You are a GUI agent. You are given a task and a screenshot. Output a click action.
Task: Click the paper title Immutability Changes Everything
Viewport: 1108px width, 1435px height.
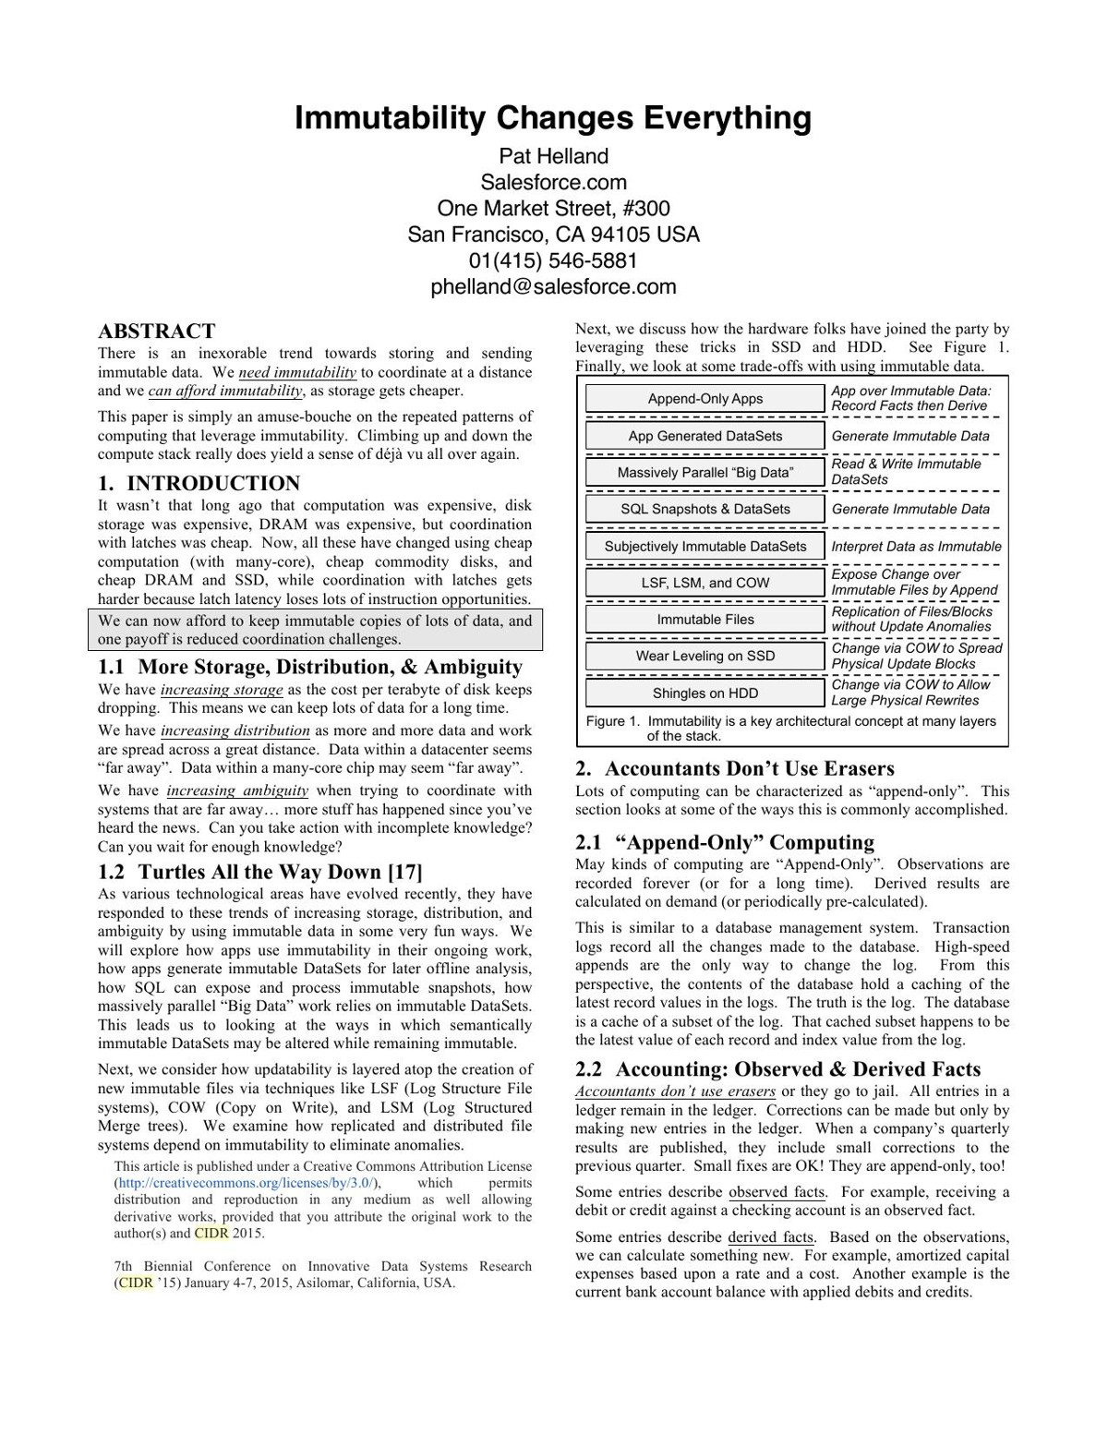point(553,119)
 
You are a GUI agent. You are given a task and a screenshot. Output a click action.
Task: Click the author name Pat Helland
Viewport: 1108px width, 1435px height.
point(553,156)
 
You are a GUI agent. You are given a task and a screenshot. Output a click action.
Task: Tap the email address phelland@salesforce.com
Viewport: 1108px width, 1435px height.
point(553,286)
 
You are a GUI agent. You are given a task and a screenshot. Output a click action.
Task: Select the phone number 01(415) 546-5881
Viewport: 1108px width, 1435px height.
point(553,260)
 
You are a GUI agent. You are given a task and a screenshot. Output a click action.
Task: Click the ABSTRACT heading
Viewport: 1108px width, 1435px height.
point(156,332)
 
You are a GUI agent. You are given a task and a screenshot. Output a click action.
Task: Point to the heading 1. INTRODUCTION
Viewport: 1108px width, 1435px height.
point(199,483)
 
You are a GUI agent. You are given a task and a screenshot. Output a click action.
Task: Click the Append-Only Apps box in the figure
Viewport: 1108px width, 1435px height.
point(705,399)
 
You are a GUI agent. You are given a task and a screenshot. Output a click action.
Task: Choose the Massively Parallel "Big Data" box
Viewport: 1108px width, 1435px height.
point(705,472)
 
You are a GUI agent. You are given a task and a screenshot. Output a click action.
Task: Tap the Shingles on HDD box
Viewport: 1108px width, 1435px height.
point(705,693)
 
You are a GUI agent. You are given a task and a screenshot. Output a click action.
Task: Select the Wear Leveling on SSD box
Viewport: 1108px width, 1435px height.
point(705,656)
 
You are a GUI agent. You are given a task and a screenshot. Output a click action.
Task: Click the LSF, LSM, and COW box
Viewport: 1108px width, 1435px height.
point(705,583)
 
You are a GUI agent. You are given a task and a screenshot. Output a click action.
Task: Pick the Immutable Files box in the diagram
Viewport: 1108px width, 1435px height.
point(705,620)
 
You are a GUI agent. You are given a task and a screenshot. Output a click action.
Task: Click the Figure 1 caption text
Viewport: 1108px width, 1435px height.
point(790,729)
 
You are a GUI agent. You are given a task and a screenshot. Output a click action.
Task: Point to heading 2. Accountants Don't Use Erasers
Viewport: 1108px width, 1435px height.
point(734,768)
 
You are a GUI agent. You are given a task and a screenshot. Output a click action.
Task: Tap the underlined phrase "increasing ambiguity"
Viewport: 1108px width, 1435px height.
point(237,790)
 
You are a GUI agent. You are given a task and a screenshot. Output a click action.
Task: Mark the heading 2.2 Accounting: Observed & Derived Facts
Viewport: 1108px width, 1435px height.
point(777,1069)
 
